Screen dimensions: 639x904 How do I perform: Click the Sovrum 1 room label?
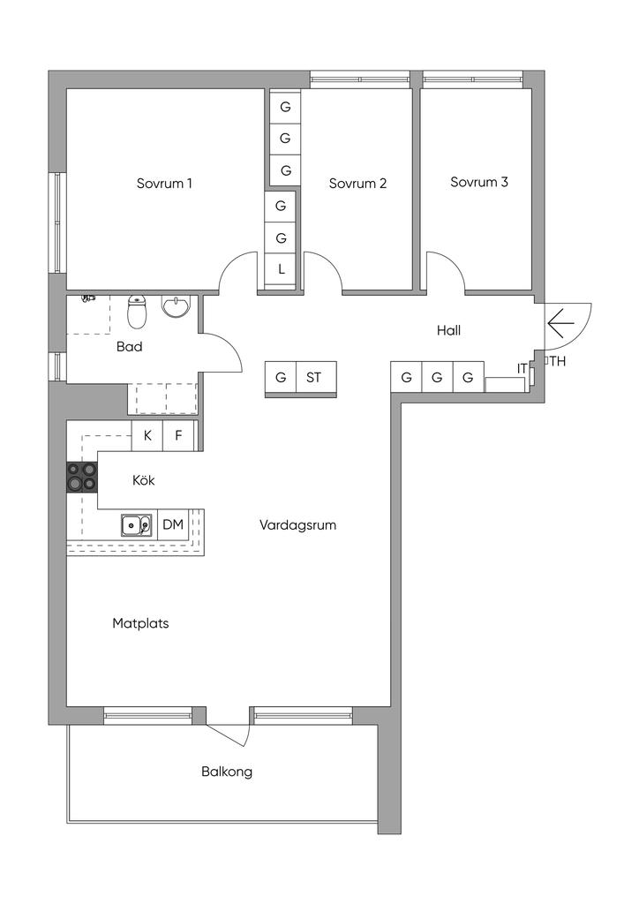coord(164,184)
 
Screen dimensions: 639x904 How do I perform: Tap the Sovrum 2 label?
coord(357,184)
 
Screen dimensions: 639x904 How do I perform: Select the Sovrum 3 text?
coord(479,182)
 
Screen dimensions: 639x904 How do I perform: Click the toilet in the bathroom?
coord(137,311)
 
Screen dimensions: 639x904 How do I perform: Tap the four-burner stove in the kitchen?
coord(81,477)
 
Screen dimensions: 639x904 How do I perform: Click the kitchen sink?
coord(137,524)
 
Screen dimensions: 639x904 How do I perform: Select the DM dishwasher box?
coord(173,524)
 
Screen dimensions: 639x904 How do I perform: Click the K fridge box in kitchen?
coord(147,435)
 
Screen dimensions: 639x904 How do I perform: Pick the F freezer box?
coord(178,435)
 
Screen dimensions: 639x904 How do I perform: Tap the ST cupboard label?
coord(313,378)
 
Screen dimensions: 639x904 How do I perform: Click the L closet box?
coord(281,269)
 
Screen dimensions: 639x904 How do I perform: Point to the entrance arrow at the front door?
coord(557,324)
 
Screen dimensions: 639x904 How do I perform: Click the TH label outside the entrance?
coord(558,361)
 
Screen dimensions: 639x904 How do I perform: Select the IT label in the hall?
coord(522,368)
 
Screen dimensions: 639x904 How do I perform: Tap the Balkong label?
coord(227,772)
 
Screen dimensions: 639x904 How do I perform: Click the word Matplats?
coord(140,623)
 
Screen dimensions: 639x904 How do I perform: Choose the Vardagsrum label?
coord(297,525)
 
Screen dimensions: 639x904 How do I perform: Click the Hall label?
coord(448,330)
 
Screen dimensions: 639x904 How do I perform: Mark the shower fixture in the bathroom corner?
coord(87,298)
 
